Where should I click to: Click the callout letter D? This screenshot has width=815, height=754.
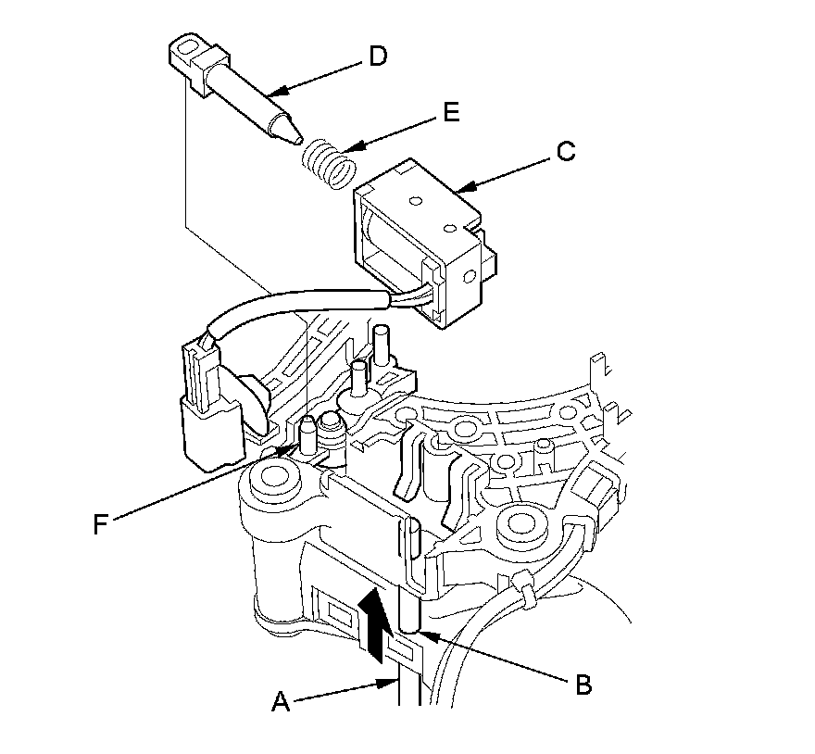pyautogui.click(x=379, y=57)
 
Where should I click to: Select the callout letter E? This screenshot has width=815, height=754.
pyautogui.click(x=452, y=112)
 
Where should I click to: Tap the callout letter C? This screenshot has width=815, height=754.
pyautogui.click(x=566, y=151)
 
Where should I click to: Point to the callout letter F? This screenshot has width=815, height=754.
pyautogui.click(x=101, y=523)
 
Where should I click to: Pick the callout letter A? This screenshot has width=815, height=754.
pyautogui.click(x=281, y=701)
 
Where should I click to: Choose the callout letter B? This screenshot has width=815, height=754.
pyautogui.click(x=584, y=685)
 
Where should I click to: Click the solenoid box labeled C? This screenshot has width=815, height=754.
pyautogui.click(x=425, y=243)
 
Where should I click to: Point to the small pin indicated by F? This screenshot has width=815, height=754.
pyautogui.click(x=308, y=434)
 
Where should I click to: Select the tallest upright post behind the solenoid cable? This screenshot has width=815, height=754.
pyautogui.click(x=382, y=345)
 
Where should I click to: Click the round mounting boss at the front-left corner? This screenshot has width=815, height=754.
pyautogui.click(x=270, y=476)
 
